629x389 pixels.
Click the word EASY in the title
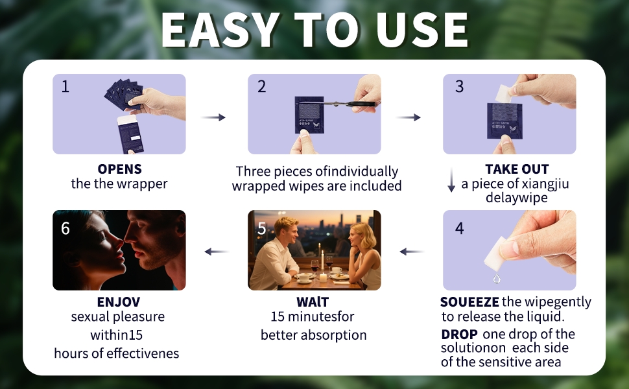pos(220,30)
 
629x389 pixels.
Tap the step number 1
pos(65,87)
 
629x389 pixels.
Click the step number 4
pos(459,229)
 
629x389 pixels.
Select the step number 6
pos(65,229)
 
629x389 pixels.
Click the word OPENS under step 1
pos(119,169)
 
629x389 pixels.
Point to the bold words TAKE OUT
pos(517,169)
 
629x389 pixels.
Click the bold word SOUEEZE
pos(469,302)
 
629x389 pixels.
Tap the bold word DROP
pos(459,335)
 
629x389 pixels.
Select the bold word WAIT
pos(313,302)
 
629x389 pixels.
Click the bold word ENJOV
pos(119,302)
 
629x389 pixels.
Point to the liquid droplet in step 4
pos(497,278)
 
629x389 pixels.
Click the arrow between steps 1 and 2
pos(213,117)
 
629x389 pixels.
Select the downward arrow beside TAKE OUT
pos(451,180)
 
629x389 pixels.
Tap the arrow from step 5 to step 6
pos(217,252)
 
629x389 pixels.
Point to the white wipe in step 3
pos(503,93)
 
